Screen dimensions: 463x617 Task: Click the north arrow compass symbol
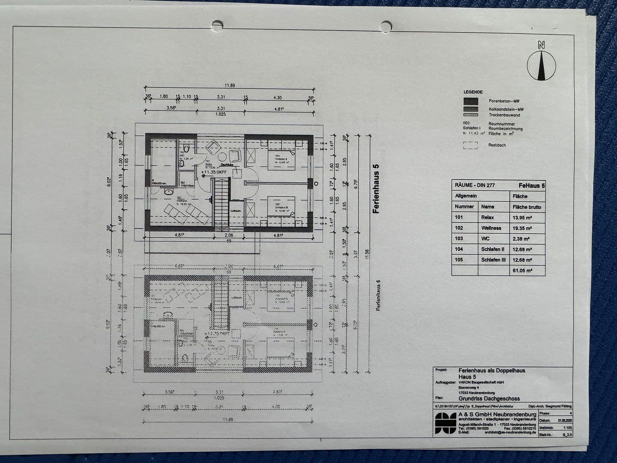click(x=541, y=65)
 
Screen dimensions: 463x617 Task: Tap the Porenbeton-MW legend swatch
click(x=470, y=101)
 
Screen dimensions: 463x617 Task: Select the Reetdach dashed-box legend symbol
click(x=470, y=145)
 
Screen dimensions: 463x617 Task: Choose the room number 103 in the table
click(x=459, y=239)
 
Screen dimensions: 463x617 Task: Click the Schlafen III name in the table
click(x=494, y=260)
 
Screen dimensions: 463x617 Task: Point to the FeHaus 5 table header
click(x=531, y=186)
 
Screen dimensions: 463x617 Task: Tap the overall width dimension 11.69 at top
click(x=230, y=85)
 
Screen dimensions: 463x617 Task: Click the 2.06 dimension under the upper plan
click(x=229, y=235)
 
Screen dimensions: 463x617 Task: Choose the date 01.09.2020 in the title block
click(x=564, y=421)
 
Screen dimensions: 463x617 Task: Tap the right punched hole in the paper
click(x=386, y=27)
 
